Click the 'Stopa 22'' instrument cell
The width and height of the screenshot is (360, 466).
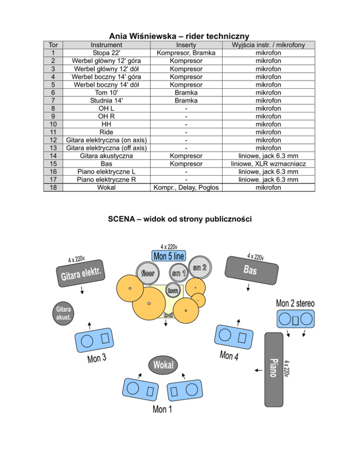(x=106, y=53)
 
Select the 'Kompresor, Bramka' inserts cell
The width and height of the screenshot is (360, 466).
(x=186, y=53)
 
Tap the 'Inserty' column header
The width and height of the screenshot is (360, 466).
(x=186, y=45)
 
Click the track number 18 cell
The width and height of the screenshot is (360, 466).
(x=53, y=188)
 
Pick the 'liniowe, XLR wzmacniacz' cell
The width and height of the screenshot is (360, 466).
(x=269, y=164)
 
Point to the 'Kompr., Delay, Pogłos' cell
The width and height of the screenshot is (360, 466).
(x=186, y=188)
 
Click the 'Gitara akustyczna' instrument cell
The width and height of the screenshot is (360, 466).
(x=106, y=156)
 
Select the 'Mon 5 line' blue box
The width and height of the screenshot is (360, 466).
(x=169, y=256)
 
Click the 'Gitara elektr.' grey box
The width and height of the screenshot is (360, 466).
(x=81, y=273)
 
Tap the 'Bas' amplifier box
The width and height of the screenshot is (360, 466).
(x=252, y=271)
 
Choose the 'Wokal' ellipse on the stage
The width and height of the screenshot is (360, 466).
(x=163, y=365)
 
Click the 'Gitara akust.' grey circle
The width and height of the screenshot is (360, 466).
(x=63, y=313)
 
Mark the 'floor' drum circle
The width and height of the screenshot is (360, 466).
(x=148, y=273)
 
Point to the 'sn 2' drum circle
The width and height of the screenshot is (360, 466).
(x=200, y=267)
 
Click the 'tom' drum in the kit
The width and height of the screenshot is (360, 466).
(x=173, y=290)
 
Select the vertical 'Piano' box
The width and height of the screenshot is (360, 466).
(x=274, y=369)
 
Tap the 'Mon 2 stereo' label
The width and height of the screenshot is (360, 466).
(x=295, y=303)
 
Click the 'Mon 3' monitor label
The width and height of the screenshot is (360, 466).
(x=97, y=359)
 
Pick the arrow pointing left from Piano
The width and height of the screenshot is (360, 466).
(x=258, y=370)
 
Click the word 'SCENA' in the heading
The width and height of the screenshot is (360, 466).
(x=121, y=219)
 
